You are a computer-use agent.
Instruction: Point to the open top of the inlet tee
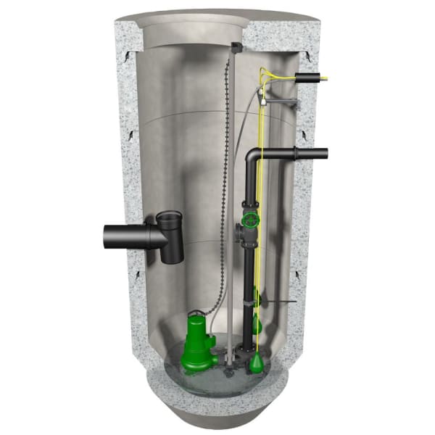pos(169,216)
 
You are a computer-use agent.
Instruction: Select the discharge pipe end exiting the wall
pos(319,154)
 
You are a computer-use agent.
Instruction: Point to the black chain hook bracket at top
pos(236,48)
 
